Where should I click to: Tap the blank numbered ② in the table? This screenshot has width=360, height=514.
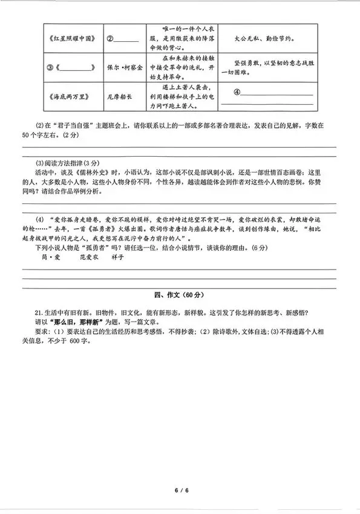pos(125,40)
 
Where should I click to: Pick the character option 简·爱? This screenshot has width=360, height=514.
pos(52,257)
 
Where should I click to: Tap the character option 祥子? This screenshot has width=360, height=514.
pos(118,257)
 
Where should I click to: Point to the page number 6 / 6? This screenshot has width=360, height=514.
pos(180,489)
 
